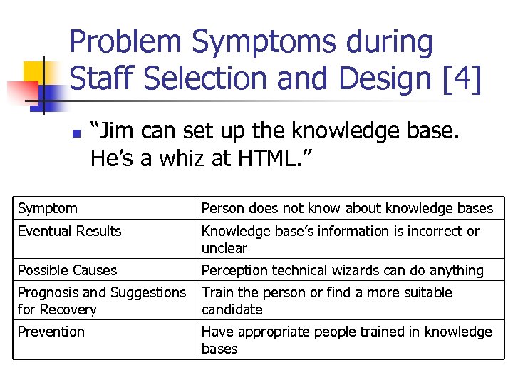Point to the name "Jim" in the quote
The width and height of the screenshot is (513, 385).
pos(122,131)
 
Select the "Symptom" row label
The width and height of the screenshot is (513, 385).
pos(48,208)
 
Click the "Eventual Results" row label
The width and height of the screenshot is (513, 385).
pos(69,231)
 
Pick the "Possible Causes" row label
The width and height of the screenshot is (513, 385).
pos(67,270)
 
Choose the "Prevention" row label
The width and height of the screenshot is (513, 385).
pos(51,332)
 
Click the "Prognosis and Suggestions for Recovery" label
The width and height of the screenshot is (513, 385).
pos(101,301)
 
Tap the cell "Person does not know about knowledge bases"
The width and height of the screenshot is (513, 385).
pos(347,208)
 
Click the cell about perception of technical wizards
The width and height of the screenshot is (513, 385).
pos(342,270)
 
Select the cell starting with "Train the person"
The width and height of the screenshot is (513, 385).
pos(326,301)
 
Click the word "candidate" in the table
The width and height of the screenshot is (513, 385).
pos(232,309)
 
